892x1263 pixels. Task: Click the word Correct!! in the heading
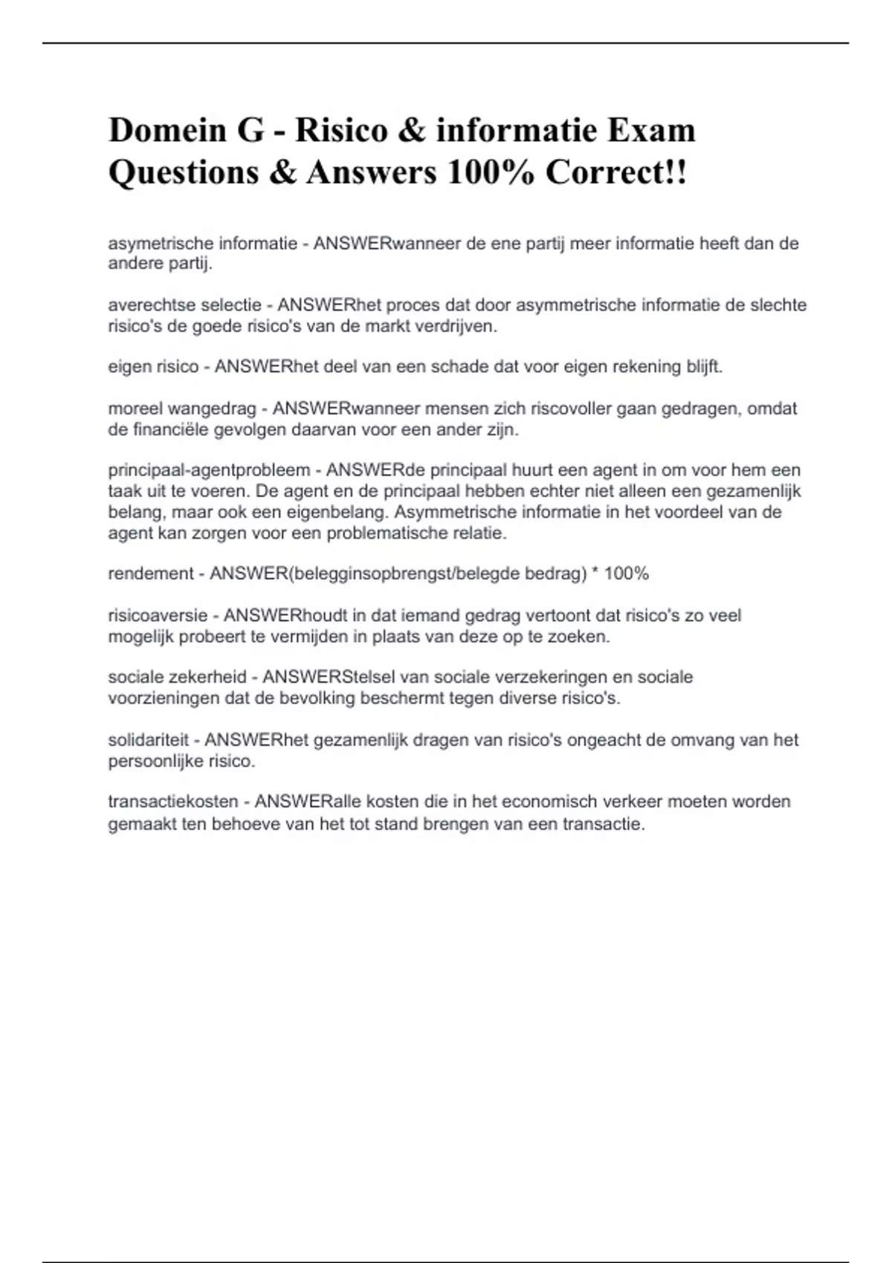pyautogui.click(x=616, y=172)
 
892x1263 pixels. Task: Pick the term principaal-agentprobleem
pyautogui.click(x=209, y=470)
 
